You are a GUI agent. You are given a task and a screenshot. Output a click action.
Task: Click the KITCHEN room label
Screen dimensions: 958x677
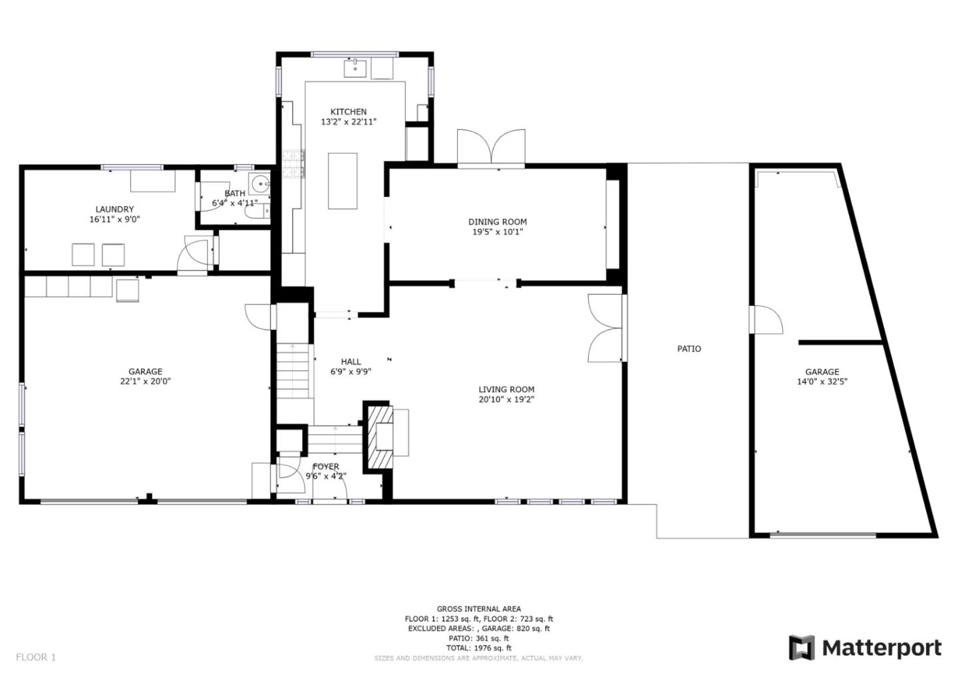(348, 112)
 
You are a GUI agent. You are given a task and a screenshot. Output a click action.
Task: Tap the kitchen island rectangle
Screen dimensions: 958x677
(343, 181)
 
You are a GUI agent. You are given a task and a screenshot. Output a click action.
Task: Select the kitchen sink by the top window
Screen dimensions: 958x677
(355, 68)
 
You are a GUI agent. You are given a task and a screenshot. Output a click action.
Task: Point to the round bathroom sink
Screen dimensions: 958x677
(259, 184)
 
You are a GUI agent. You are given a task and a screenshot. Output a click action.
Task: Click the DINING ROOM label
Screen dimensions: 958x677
(498, 222)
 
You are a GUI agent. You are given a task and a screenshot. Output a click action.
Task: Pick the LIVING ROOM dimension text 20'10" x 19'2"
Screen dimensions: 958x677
(506, 400)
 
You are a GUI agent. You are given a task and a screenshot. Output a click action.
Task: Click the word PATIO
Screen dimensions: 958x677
(689, 348)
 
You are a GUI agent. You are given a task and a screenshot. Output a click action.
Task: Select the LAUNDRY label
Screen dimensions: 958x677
(114, 209)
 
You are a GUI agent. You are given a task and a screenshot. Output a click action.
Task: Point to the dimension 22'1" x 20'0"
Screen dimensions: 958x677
(146, 381)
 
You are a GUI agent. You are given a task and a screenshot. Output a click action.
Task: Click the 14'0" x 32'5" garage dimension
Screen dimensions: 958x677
(822, 382)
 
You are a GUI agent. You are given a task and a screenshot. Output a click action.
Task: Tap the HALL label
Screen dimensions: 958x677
(351, 362)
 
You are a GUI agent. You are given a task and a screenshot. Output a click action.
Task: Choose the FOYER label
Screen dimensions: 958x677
(326, 466)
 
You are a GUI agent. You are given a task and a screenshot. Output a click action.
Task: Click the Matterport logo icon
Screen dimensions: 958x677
(802, 648)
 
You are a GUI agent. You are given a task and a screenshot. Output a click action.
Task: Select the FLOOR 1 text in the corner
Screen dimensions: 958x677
(36, 657)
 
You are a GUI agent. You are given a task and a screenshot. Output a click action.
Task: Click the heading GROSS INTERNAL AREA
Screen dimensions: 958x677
(478, 609)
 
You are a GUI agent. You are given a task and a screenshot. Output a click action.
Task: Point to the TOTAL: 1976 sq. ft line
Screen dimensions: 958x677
(478, 648)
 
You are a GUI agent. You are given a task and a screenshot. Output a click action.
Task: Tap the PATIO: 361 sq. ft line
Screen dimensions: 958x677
(478, 638)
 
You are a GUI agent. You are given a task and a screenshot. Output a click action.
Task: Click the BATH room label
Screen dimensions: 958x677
(235, 194)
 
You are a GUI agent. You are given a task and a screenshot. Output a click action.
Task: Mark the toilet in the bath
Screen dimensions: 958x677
(257, 211)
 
